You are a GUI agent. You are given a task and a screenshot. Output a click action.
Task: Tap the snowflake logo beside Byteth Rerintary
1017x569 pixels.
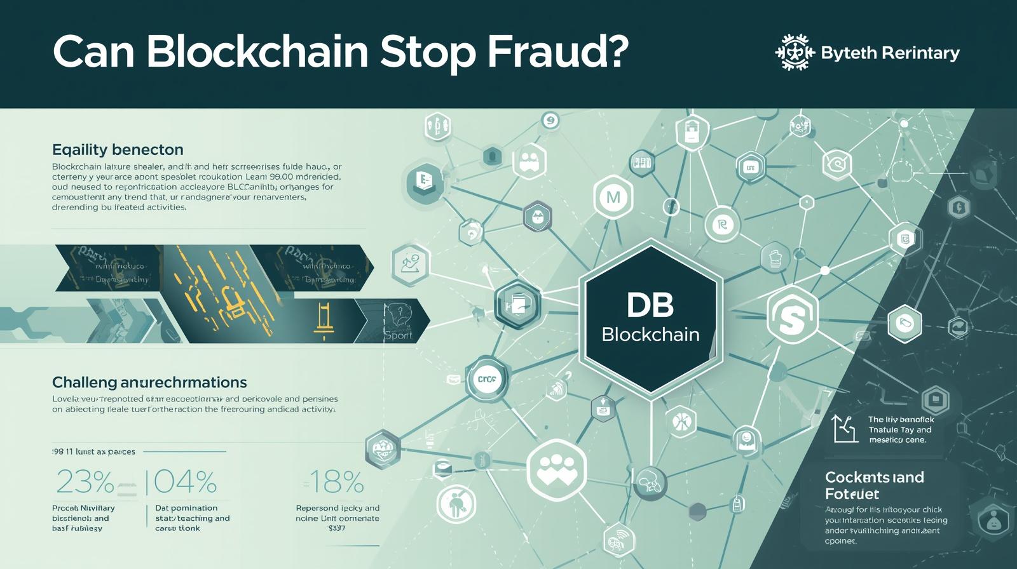pos(795,52)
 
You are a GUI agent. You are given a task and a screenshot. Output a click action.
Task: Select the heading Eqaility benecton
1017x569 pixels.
pos(118,150)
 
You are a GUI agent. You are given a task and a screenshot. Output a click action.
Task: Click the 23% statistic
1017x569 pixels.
pos(85,483)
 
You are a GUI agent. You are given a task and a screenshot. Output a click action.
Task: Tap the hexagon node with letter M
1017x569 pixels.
pos(613,197)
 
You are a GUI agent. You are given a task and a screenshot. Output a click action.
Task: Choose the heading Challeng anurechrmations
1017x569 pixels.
pos(149,382)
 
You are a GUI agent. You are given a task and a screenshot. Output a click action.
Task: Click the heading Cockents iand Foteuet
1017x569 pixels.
pos(874,485)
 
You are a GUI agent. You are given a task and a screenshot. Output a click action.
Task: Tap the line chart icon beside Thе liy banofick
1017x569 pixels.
pos(845,429)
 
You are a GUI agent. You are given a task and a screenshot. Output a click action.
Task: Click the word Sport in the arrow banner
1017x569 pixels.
pos(398,335)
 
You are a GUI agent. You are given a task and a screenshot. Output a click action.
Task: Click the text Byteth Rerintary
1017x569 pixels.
pos(890,53)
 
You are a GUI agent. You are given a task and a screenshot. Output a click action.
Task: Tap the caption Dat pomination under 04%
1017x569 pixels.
pos(186,508)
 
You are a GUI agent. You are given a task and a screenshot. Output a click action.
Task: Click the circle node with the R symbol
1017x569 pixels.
pos(722,224)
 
